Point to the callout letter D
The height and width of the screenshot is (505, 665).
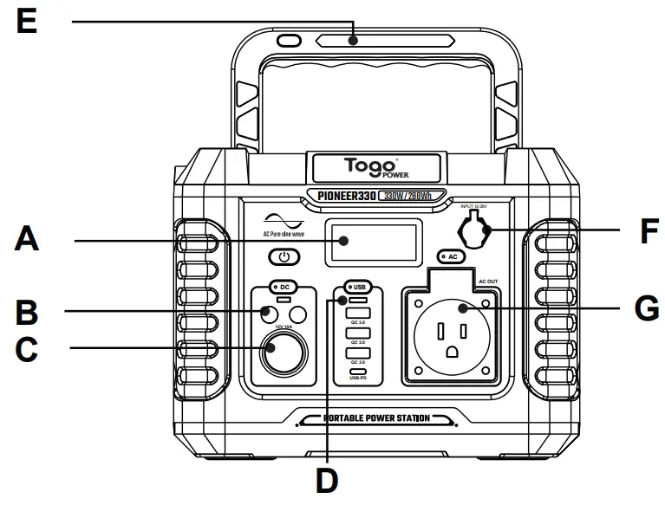327,480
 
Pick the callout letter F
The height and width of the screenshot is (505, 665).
640,232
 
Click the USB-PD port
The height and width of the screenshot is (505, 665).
356,369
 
